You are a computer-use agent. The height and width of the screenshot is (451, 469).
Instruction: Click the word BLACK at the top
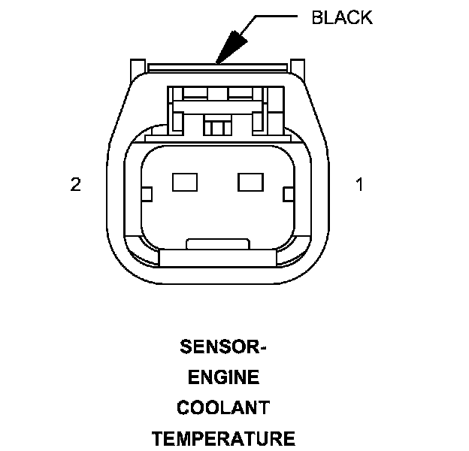342,18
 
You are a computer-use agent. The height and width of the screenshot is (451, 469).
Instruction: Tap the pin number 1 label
359,184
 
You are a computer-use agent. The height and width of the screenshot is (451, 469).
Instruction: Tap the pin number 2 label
75,184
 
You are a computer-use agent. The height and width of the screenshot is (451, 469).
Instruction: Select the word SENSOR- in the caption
223,348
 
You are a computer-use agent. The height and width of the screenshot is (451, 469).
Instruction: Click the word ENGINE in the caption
223,378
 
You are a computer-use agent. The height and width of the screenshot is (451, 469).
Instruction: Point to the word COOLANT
223,408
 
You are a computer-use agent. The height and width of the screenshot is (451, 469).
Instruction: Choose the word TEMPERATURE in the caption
223,438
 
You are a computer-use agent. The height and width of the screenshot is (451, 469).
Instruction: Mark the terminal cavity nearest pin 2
183,181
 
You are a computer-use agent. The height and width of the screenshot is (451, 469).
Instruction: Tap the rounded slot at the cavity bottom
216,244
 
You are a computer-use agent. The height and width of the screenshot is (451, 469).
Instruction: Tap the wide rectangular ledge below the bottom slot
216,258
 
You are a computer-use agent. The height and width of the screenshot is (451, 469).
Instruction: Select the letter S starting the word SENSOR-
186,348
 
